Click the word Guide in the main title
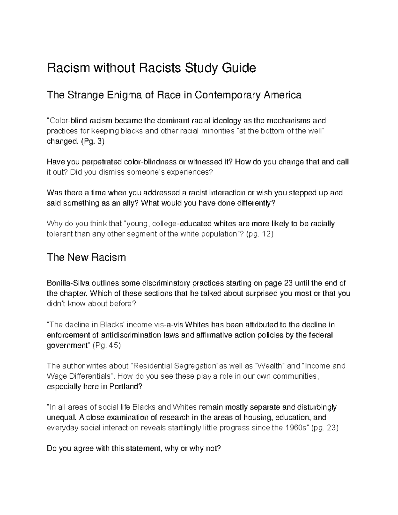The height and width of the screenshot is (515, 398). (238, 68)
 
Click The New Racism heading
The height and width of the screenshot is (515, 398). (86, 258)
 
